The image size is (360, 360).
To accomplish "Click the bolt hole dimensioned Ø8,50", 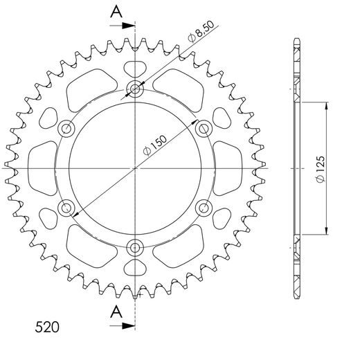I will [x=136, y=89].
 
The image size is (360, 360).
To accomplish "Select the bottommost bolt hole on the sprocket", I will [x=136, y=246].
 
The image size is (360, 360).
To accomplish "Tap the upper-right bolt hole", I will [x=204, y=128].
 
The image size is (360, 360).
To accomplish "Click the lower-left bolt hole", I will [x=67, y=207].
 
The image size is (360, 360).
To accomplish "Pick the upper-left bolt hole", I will [x=67, y=128].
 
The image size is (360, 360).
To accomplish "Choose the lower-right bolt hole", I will [x=204, y=207].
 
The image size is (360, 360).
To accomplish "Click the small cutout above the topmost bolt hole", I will [x=136, y=69].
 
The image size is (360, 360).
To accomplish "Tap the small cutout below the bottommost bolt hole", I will [x=136, y=267].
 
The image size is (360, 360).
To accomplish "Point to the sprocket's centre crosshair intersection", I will [x=136, y=168].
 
